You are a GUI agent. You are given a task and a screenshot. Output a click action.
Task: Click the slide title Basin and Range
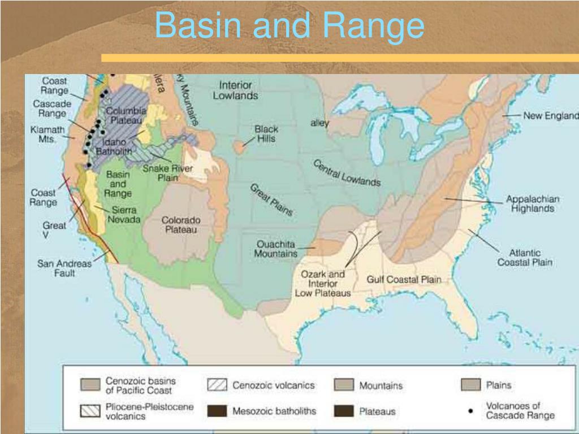(x=289, y=26)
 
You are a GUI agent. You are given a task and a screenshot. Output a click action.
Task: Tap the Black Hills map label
(x=266, y=134)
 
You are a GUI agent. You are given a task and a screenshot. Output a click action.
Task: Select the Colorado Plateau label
(x=181, y=224)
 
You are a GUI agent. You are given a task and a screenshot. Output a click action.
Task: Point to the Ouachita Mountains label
(x=276, y=249)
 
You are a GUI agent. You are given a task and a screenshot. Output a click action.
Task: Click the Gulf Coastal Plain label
(x=404, y=279)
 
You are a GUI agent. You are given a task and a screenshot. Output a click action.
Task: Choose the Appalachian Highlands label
(x=533, y=204)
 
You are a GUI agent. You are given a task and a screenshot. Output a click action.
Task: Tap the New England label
(x=550, y=116)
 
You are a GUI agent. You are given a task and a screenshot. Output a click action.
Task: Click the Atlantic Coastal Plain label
(x=524, y=258)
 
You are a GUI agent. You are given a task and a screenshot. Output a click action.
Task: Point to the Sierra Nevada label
(x=124, y=214)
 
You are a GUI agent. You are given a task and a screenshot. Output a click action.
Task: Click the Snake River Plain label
(x=168, y=173)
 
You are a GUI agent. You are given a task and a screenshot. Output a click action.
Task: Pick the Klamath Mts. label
(x=44, y=134)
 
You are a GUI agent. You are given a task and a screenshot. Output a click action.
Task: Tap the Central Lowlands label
(x=347, y=173)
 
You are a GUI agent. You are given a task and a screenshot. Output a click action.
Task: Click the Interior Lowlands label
(x=235, y=90)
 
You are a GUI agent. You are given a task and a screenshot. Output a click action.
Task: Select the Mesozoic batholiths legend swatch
(x=217, y=411)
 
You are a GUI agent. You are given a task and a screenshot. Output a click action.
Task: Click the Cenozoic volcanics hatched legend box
(x=217, y=385)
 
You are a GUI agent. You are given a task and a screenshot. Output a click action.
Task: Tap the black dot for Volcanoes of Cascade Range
(x=470, y=411)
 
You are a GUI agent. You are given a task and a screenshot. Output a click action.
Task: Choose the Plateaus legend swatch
(x=343, y=411)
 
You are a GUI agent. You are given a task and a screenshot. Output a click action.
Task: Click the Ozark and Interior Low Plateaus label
(x=323, y=283)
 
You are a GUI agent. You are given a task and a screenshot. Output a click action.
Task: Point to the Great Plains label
(x=271, y=200)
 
